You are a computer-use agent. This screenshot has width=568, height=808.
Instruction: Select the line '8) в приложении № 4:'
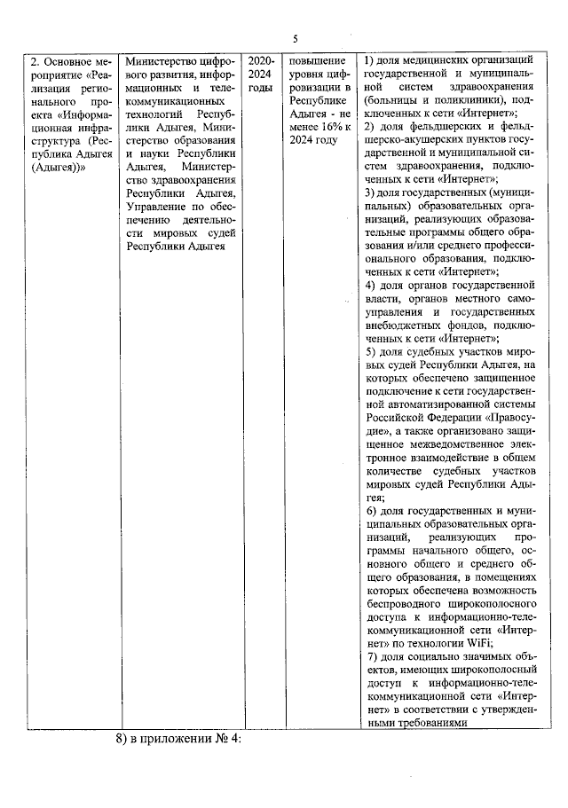point(178,740)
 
